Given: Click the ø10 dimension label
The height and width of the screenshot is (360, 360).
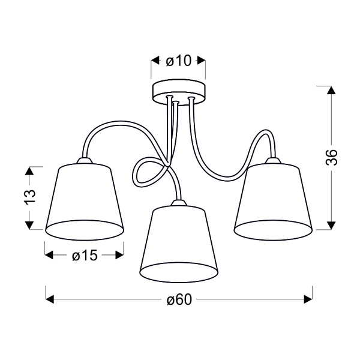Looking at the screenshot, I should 178,61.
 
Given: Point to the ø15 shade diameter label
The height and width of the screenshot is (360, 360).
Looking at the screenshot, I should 84,256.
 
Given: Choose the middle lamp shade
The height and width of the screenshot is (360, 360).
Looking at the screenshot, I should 179,243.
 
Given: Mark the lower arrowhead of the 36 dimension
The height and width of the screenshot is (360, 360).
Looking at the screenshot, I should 329,224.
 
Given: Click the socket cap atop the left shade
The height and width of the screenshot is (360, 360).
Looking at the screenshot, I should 83,160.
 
